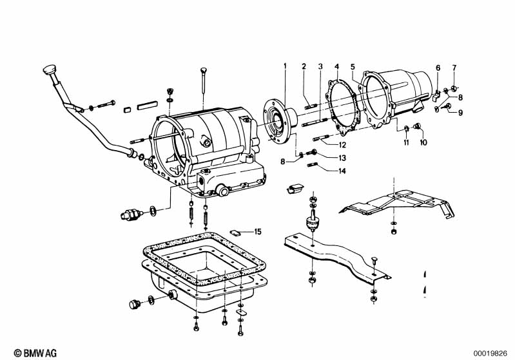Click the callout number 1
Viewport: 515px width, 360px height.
[x=285, y=66]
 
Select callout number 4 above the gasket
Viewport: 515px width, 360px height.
[x=336, y=66]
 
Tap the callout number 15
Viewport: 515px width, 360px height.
[x=258, y=232]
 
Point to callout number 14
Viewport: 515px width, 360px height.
[x=342, y=171]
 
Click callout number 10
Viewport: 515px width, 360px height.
[x=423, y=142]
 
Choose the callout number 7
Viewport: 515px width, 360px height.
[x=454, y=68]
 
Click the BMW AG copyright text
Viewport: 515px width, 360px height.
[x=35, y=353]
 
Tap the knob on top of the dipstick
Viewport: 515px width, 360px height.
[x=50, y=70]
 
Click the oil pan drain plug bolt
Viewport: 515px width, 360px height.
[x=134, y=304]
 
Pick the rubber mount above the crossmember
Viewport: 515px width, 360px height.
[x=311, y=224]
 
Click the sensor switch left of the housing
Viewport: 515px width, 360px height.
[x=131, y=215]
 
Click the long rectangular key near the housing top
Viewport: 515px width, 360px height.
[x=147, y=106]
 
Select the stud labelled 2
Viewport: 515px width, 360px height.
[x=311, y=106]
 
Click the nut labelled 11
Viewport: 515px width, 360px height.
[x=407, y=128]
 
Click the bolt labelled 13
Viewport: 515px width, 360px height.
[x=311, y=152]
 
